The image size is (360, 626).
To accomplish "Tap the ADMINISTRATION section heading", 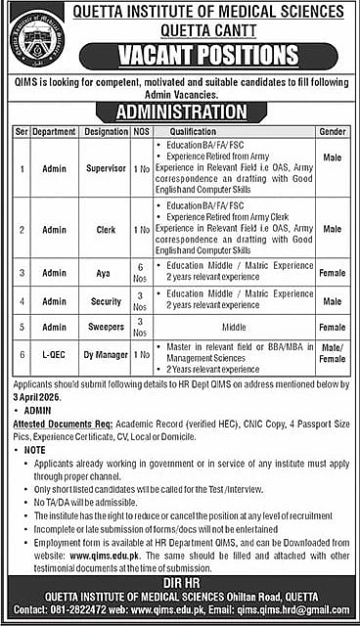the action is coord(180,109).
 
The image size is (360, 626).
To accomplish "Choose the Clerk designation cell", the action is coord(107,229).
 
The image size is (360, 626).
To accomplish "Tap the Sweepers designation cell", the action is coord(107,326).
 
